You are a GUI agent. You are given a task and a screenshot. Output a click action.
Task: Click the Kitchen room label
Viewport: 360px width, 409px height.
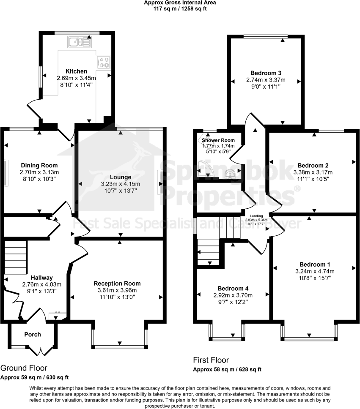tap(76, 71)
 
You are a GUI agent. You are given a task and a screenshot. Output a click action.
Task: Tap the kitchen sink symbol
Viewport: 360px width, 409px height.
tap(79, 41)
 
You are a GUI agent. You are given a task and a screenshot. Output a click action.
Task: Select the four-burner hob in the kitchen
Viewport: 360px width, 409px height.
tap(104, 63)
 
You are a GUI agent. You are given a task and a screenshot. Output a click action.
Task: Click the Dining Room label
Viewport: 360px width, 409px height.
tap(39, 165)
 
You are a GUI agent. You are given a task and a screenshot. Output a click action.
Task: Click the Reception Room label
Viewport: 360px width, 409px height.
tap(117, 283)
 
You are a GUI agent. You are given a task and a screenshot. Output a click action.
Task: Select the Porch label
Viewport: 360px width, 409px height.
tap(33, 334)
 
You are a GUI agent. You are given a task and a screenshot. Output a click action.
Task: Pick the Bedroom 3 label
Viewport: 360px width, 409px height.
tap(266, 72)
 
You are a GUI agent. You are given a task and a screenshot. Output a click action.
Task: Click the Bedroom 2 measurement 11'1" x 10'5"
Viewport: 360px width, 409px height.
tap(313, 179)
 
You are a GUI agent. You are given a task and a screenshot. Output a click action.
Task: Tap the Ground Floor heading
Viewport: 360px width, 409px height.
tap(24, 368)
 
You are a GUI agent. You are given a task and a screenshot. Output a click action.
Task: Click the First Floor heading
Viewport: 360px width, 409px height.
tap(211, 360)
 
